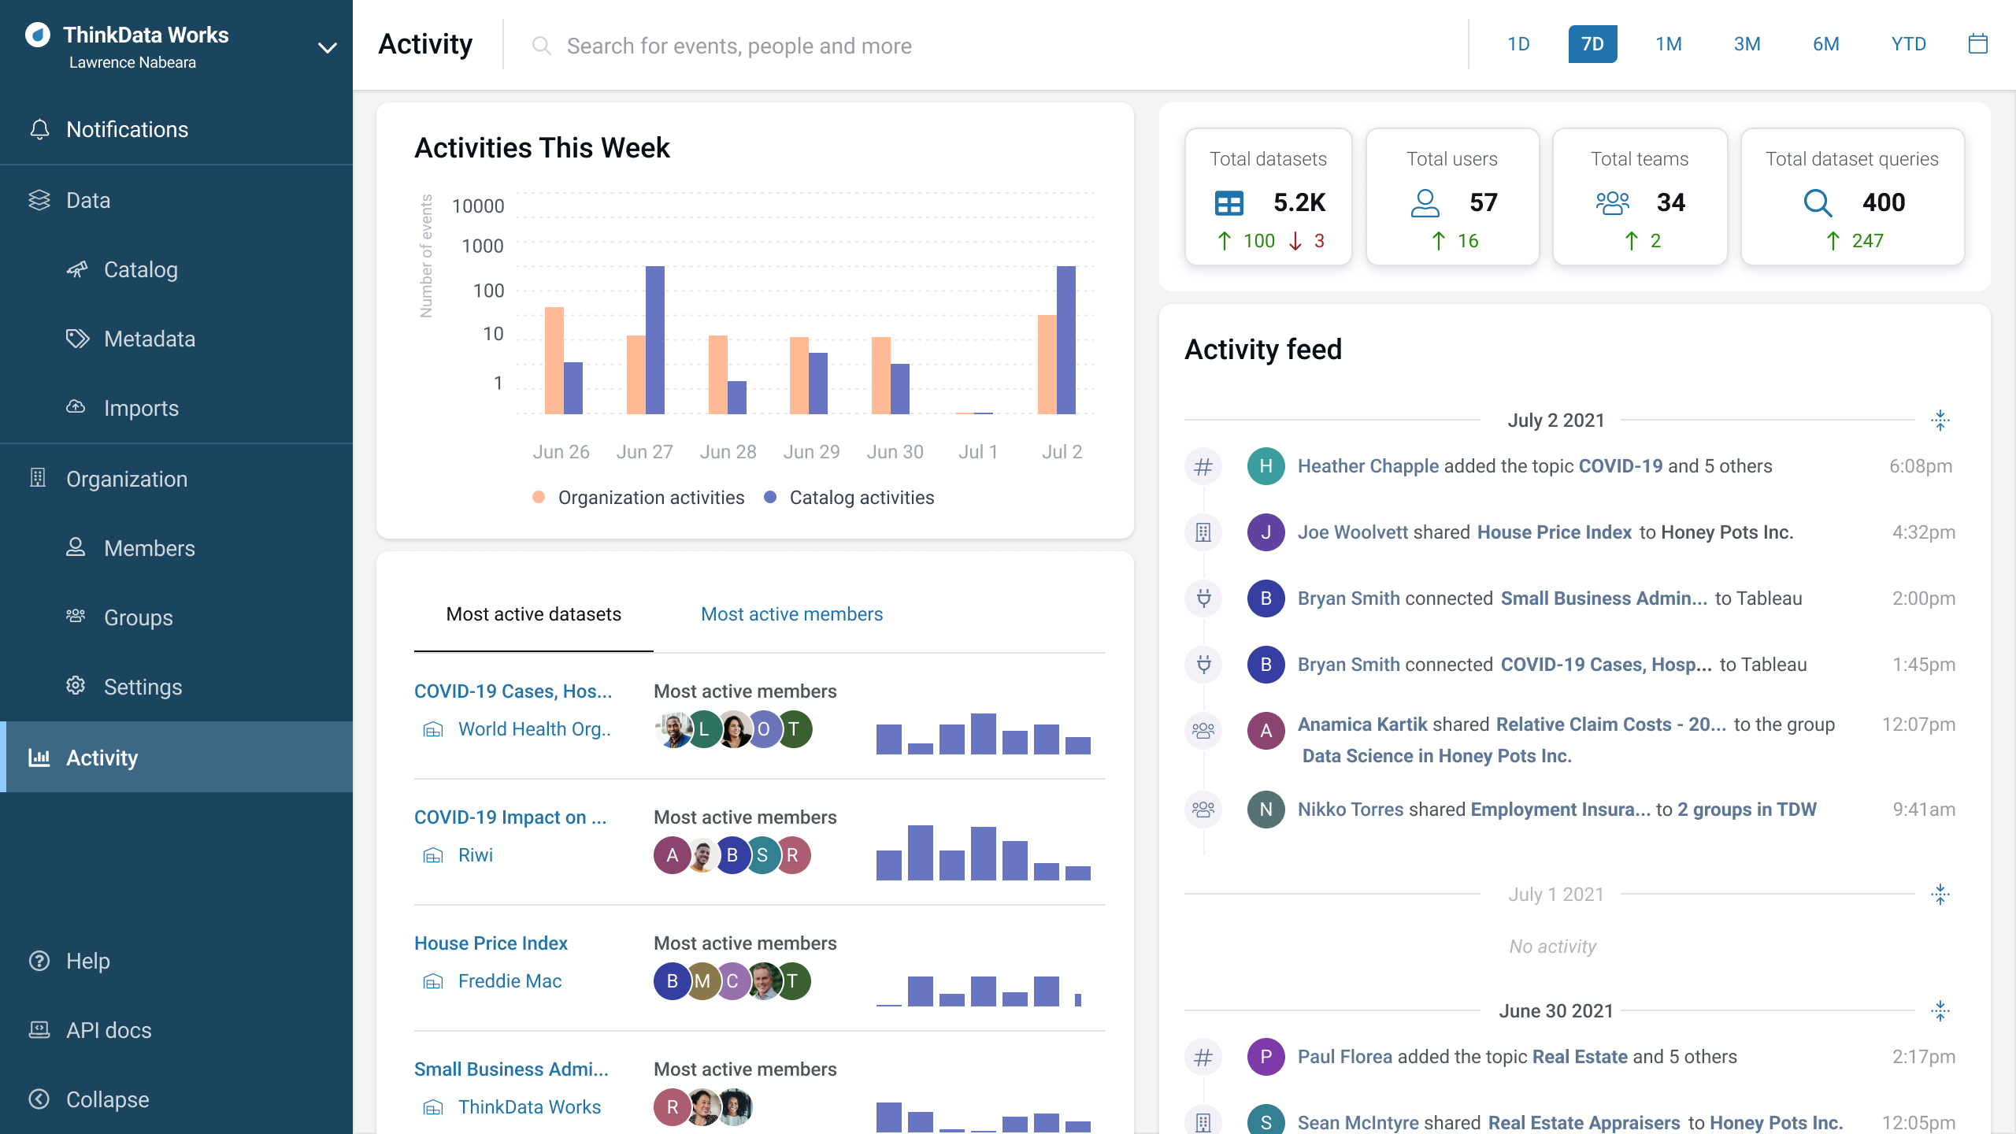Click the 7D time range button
(x=1592, y=44)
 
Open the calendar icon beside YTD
(x=1977, y=44)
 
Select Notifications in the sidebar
(x=127, y=129)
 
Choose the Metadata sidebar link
(x=149, y=339)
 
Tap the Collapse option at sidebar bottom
(x=107, y=1099)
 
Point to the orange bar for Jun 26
(x=554, y=360)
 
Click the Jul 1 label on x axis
(x=978, y=452)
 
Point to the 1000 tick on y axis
(x=482, y=246)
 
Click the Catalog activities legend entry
(x=861, y=498)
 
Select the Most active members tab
(x=791, y=614)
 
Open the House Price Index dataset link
(x=491, y=943)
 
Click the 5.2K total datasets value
(x=1299, y=202)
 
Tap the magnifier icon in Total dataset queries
(x=1818, y=202)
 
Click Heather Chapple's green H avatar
(x=1266, y=466)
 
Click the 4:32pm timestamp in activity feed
(x=1923, y=532)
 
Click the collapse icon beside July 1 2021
(x=1940, y=895)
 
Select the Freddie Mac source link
(x=510, y=981)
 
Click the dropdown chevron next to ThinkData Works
(x=328, y=48)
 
